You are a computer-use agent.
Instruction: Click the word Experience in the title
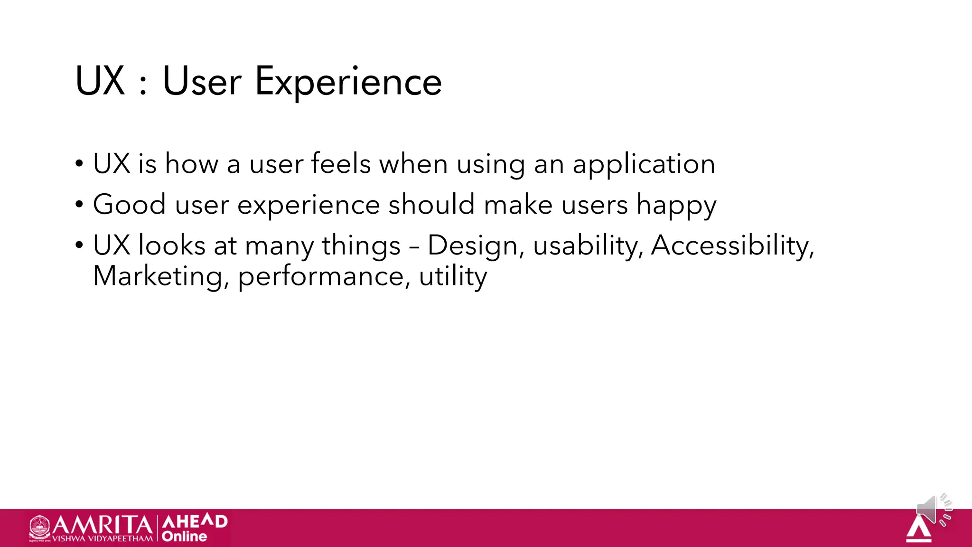coord(348,82)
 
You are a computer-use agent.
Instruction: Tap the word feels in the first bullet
coord(341,164)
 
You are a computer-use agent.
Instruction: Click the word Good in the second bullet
coord(129,205)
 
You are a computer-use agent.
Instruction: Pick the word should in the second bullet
coord(431,205)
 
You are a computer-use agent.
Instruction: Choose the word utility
coord(453,277)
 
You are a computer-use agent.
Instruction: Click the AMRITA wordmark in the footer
coord(102,525)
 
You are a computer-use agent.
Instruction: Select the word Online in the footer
coord(184,537)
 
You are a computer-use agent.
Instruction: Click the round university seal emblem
coord(39,528)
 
